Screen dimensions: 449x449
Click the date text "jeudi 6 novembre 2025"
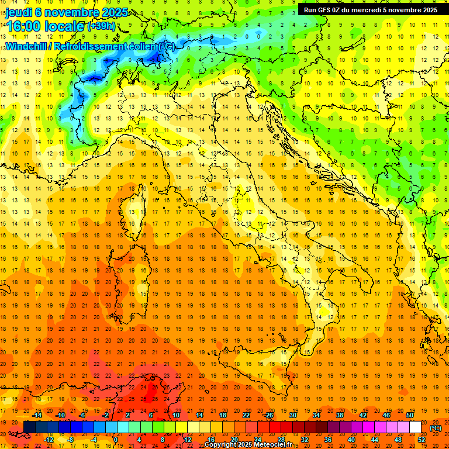click(64, 12)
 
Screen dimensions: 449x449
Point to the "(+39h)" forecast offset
click(101, 26)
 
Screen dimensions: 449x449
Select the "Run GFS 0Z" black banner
click(370, 9)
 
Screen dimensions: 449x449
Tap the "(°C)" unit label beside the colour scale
click(436, 428)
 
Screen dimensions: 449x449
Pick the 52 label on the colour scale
click(422, 439)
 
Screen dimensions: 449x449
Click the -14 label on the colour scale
click(39, 415)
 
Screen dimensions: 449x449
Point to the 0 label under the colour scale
click(116, 439)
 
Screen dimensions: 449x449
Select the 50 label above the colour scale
click(410, 415)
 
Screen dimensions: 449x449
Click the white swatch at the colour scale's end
click(415, 427)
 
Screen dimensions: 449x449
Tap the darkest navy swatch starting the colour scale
click(29, 427)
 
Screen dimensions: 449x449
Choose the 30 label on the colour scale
click(292, 415)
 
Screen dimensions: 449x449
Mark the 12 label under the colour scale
click(187, 439)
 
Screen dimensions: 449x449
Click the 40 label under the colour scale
click(351, 439)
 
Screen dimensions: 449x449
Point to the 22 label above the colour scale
click(246, 415)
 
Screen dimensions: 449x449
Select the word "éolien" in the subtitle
click(141, 46)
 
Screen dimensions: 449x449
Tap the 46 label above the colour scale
click(386, 415)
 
